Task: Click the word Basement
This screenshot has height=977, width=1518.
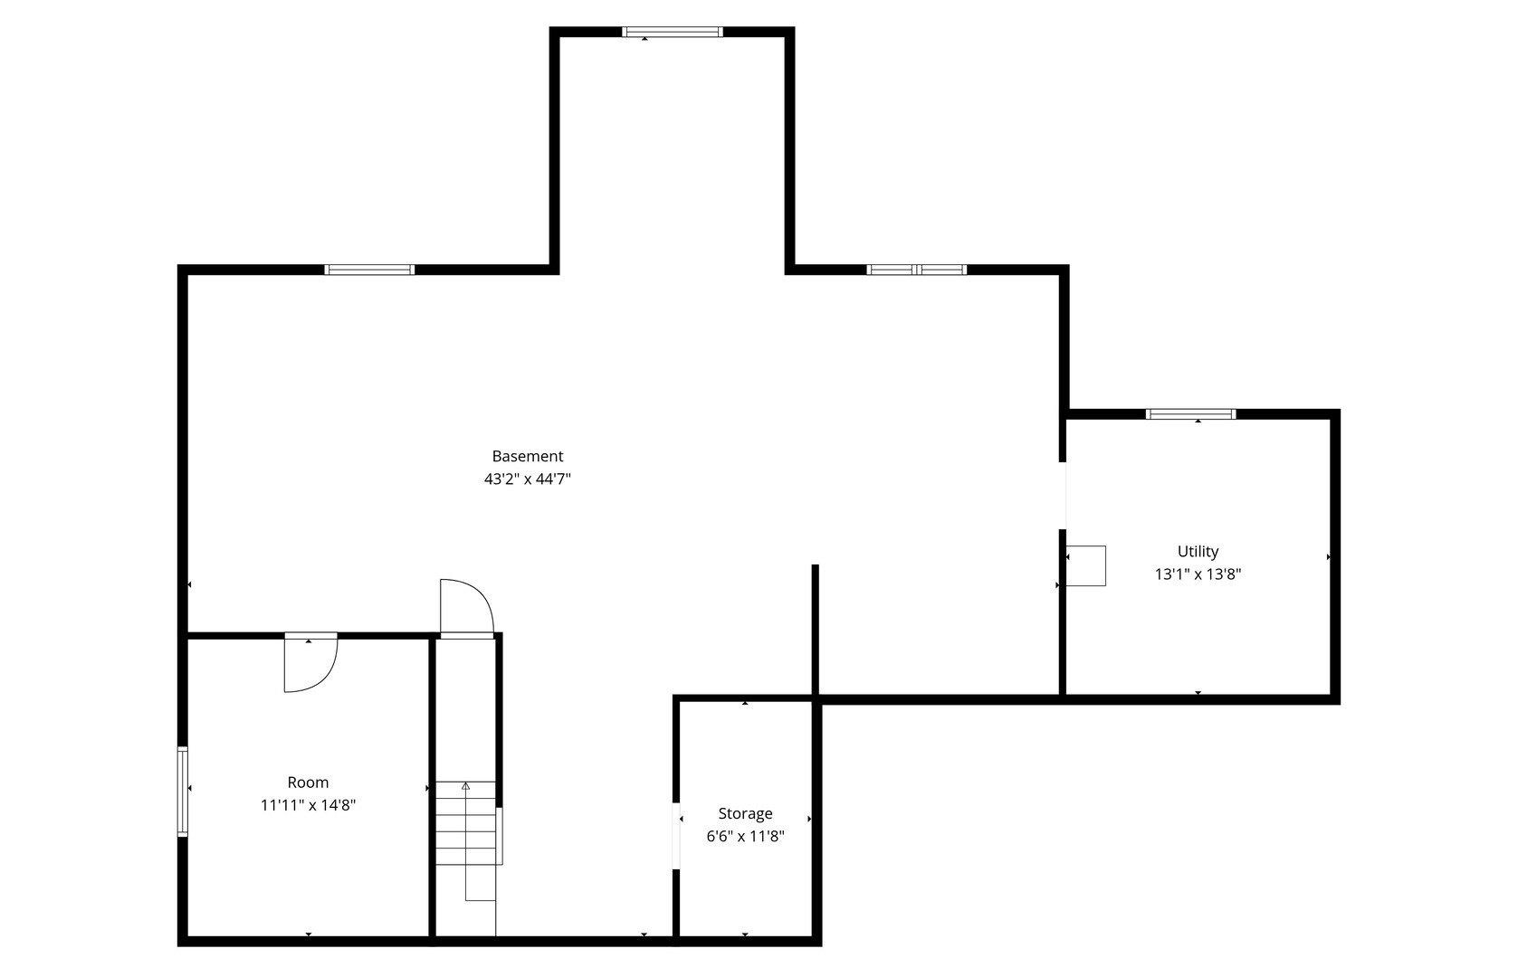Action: point(527,457)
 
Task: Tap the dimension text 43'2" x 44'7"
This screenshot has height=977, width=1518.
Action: point(527,479)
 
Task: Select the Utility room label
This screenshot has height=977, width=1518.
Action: point(1198,552)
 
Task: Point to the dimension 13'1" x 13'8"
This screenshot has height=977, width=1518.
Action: point(1198,574)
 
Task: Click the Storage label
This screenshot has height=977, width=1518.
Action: point(745,814)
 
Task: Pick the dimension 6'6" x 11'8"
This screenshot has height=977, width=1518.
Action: point(745,837)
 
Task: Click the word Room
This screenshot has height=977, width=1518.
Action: point(308,783)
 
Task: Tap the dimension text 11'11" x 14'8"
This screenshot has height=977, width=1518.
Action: point(308,805)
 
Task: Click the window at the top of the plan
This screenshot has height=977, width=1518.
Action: point(672,32)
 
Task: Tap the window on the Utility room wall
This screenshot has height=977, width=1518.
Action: point(1190,414)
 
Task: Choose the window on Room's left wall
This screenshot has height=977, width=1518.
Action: point(183,792)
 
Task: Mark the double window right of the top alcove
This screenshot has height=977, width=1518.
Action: point(917,270)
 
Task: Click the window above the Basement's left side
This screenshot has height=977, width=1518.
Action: point(369,270)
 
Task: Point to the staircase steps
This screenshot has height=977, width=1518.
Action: point(466,823)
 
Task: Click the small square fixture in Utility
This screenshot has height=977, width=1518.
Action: point(1086,565)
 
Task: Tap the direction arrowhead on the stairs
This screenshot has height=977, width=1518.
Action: point(466,786)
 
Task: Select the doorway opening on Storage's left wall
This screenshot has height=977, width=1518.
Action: point(676,835)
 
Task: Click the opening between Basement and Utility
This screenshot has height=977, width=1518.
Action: point(1064,496)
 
